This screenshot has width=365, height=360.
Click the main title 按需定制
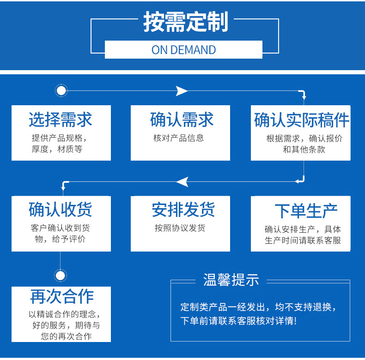click(x=185, y=22)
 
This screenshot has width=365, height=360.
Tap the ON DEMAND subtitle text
click(x=183, y=50)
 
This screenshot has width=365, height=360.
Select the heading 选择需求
click(x=61, y=120)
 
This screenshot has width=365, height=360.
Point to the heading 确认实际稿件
click(x=302, y=120)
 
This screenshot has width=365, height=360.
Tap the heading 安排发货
click(x=183, y=210)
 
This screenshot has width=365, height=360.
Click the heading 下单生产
click(x=306, y=211)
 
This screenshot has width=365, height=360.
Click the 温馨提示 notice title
click(x=231, y=280)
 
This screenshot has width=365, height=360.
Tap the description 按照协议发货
click(x=180, y=228)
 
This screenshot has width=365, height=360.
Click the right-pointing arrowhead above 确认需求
click(x=182, y=91)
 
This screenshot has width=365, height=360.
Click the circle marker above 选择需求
click(x=61, y=90)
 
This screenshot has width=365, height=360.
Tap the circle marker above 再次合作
click(x=61, y=276)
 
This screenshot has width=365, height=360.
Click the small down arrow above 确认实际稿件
click(x=304, y=97)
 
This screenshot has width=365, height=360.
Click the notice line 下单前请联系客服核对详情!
click(x=238, y=321)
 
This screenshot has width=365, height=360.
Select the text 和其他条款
click(x=304, y=149)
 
